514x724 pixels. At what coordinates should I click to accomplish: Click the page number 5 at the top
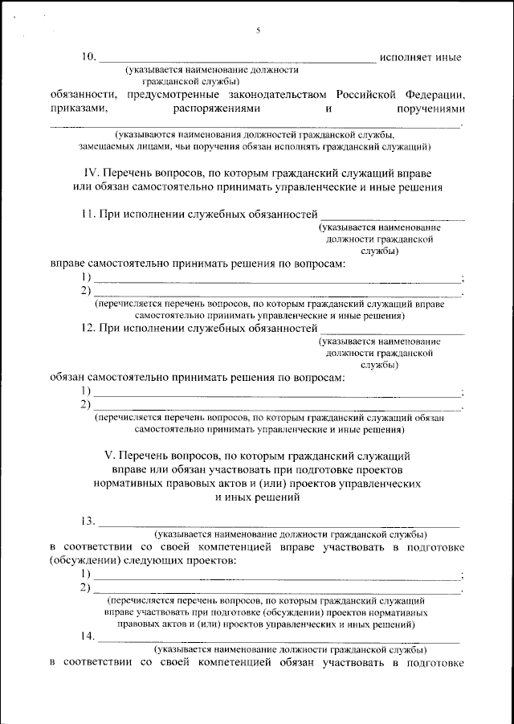click(x=258, y=31)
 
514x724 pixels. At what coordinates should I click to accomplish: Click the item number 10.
click(x=88, y=57)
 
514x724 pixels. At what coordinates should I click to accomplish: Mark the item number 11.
click(x=89, y=215)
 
